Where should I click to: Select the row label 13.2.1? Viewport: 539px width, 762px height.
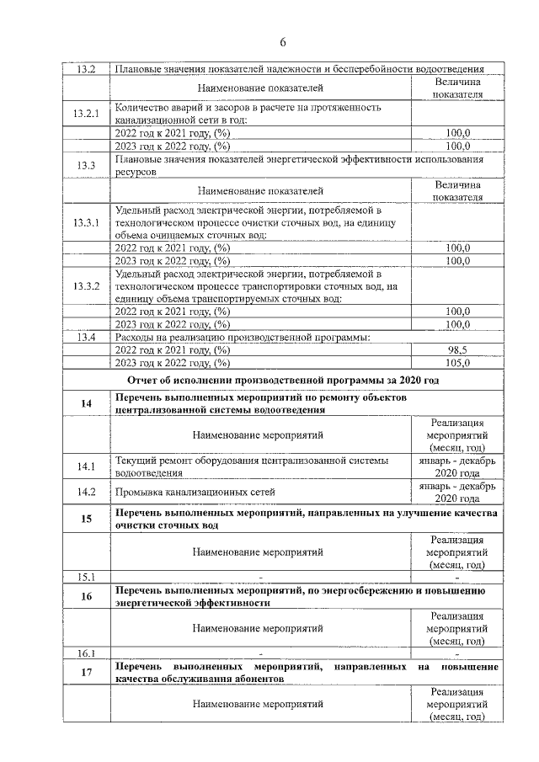(x=86, y=114)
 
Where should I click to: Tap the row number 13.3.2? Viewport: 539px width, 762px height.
(x=86, y=286)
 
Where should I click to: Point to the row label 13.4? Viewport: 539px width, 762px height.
(x=86, y=337)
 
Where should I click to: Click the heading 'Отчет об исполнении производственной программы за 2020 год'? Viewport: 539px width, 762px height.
(x=284, y=381)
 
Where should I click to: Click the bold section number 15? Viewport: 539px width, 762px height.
(x=86, y=519)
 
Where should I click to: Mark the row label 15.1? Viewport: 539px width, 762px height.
(x=86, y=577)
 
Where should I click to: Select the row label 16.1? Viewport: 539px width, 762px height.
(x=86, y=653)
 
